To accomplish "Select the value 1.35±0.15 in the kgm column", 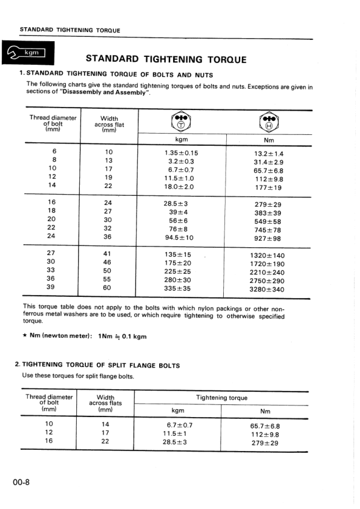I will (x=181, y=153).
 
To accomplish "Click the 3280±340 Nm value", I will (x=267, y=289).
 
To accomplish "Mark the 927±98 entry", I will (x=267, y=238).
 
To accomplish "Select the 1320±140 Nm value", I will (x=267, y=255).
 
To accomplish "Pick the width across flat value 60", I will (x=107, y=288).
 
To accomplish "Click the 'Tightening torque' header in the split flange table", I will (x=221, y=398).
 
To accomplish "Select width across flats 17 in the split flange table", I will (x=105, y=433).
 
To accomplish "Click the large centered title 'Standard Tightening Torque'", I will (x=166, y=59).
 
